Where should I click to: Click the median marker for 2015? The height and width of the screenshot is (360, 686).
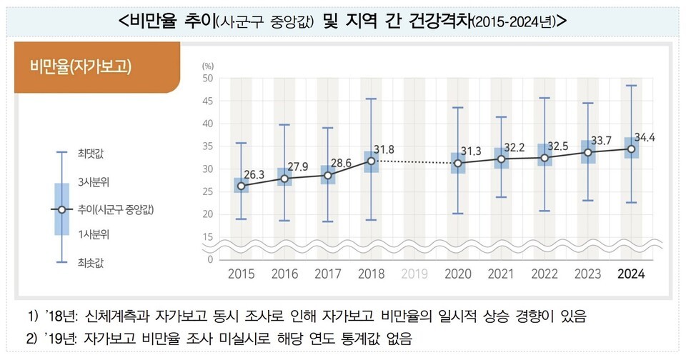point(241,186)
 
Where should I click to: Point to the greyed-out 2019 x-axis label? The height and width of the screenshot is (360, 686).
point(414,274)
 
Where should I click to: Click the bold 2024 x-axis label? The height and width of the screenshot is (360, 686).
point(632,274)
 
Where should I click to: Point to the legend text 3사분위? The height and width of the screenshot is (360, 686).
point(93,181)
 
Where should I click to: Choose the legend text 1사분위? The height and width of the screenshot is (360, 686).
point(93,234)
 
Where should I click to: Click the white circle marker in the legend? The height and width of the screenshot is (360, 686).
point(61,209)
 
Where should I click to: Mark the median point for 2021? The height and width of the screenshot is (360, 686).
point(502,159)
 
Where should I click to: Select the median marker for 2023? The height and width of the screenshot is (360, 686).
point(588,152)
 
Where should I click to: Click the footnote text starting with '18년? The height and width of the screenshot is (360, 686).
point(314,315)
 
